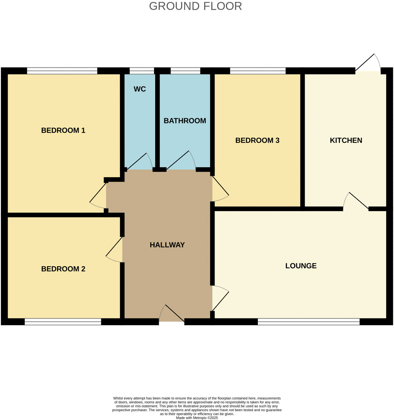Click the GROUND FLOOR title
pos(195,6)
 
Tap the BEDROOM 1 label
pos(63,130)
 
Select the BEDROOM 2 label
pos(63,269)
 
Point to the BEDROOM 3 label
pos(257,140)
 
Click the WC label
pos(140,89)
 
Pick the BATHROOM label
pos(184,121)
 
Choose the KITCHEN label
pos(346,140)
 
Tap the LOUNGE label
pos(301,266)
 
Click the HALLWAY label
pos(167,245)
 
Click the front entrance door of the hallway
pos(172,314)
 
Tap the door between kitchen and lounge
pos(356,201)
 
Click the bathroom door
pos(181,161)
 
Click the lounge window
pos(308,321)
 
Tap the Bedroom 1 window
pos(62,71)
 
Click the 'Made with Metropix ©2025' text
pos(197,417)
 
